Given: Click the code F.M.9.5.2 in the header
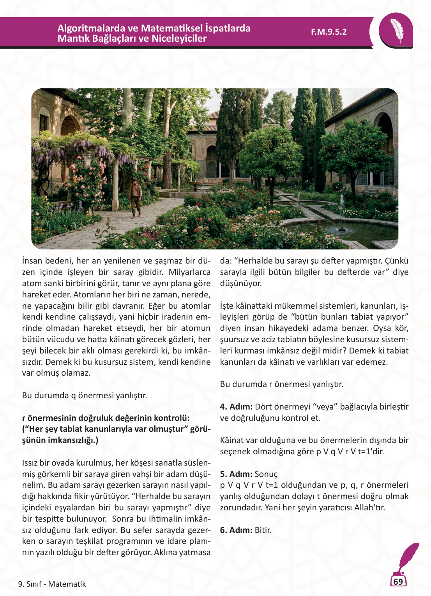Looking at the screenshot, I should click(329, 32).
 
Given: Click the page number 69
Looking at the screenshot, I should click(398, 582).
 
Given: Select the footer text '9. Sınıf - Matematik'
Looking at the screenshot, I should click(52, 584).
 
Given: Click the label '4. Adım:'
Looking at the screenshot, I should click(236, 407).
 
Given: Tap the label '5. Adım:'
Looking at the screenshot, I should click(236, 474).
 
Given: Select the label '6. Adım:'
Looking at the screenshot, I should click(236, 530).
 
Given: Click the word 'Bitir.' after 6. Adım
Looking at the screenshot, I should click(263, 530).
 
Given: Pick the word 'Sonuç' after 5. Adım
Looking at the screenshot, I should click(266, 474).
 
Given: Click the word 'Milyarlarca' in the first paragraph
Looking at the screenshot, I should click(189, 272).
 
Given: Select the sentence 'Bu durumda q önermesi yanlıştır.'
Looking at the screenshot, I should click(85, 396).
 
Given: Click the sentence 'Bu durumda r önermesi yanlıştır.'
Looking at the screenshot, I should click(281, 384).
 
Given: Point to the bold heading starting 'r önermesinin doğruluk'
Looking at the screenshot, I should click(106, 418).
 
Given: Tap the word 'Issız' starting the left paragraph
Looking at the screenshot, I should click(30, 463).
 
